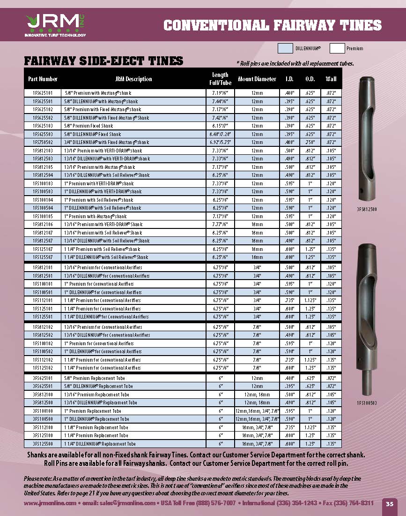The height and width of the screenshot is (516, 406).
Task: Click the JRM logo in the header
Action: pyautogui.click(x=54, y=24)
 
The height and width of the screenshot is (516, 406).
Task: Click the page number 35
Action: pyautogui.click(x=390, y=504)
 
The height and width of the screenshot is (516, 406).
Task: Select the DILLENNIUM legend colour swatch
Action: pyautogui.click(x=286, y=48)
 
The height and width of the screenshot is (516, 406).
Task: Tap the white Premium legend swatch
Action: pyautogui.click(x=337, y=48)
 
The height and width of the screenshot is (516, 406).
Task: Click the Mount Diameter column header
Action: pyautogui.click(x=257, y=79)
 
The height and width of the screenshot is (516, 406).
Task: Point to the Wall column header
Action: pyautogui.click(x=331, y=79)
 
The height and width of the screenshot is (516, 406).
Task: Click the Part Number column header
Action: pyautogui.click(x=43, y=79)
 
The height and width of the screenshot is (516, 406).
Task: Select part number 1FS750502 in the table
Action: pyautogui.click(x=43, y=142)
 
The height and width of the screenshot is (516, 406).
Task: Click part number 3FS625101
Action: pyautogui.click(x=43, y=378)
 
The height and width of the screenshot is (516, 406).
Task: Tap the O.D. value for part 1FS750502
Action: pyautogui.click(x=310, y=142)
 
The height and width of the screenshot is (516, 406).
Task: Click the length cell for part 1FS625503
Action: pyautogui.click(x=220, y=134)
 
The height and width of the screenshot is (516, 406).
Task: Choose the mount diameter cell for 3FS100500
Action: pyautogui.click(x=257, y=419)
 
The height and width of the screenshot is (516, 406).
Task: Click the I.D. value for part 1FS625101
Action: pyautogui.click(x=289, y=93)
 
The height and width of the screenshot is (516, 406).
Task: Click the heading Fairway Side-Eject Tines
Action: pyautogui.click(x=103, y=61)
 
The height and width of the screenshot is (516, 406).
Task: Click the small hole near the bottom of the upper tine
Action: pyautogui.click(x=364, y=191)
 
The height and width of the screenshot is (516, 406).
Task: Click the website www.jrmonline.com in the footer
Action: pyautogui.click(x=50, y=503)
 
